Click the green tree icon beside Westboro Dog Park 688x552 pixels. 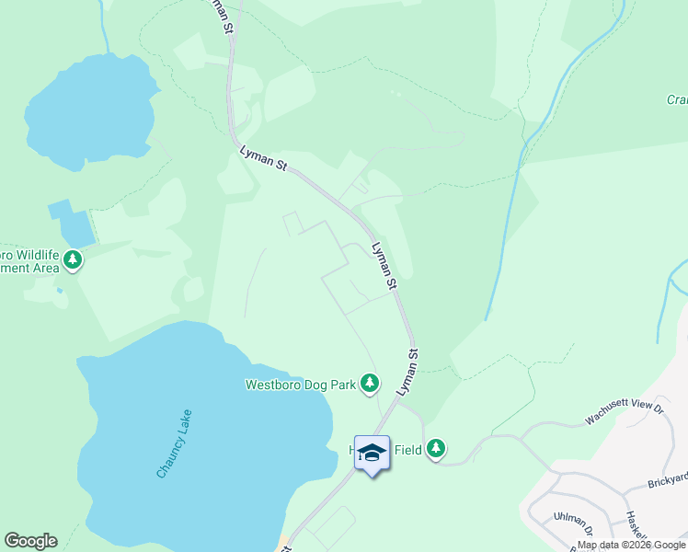click(369, 382)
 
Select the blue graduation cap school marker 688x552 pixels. click(372, 453)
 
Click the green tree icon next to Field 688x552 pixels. click(436, 448)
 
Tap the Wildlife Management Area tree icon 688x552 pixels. click(72, 260)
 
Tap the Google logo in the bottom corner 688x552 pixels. click(29, 541)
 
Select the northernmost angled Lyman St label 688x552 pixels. click(264, 157)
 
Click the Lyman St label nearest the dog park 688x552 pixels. click(407, 372)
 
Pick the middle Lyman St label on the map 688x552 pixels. click(384, 266)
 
